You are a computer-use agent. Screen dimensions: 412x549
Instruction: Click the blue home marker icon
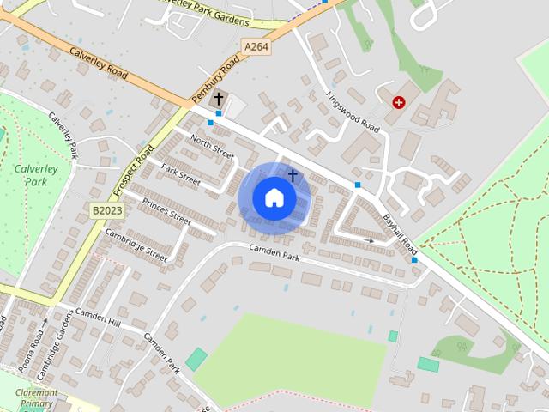click(274, 198)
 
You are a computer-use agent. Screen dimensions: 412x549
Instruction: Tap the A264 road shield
click(255, 47)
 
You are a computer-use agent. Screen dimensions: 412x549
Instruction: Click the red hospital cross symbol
click(399, 103)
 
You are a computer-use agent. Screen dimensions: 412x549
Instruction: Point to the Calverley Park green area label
click(36, 175)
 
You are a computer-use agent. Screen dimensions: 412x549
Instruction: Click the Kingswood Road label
click(352, 112)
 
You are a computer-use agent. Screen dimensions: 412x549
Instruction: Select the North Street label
click(211, 146)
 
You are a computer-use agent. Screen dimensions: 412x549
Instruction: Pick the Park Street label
click(180, 176)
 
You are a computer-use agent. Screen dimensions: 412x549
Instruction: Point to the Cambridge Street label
click(136, 244)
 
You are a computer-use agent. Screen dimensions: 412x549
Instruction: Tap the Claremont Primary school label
click(36, 397)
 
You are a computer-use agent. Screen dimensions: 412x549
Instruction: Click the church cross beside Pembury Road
click(219, 99)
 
